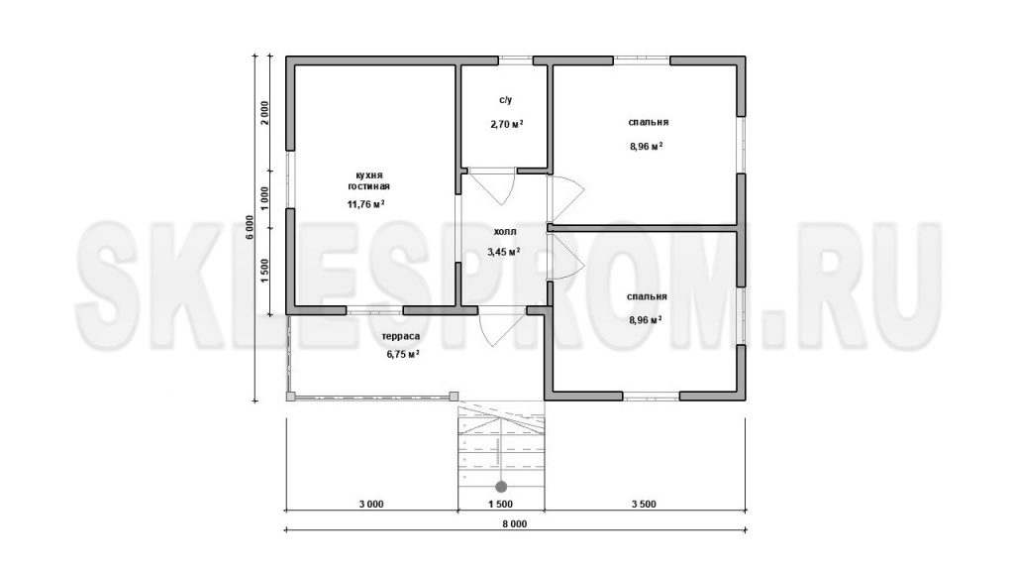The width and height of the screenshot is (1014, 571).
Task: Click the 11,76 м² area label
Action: coord(366,204)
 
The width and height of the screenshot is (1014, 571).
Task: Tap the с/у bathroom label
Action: coord(505,100)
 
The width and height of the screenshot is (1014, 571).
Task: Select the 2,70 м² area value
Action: coord(507,124)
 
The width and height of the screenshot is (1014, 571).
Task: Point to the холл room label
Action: coord(504,231)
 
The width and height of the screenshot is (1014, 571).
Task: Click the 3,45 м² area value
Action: coord(504,251)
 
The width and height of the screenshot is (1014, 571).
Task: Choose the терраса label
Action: coord(401,336)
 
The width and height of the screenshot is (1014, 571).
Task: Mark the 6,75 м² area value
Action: coord(403,354)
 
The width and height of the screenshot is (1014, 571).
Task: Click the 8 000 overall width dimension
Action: coord(514,523)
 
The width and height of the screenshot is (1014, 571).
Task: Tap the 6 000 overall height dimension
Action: coord(250,227)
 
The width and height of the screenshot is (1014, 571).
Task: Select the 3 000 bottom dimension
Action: coord(370,505)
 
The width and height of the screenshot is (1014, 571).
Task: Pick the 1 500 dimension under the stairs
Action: coord(500,505)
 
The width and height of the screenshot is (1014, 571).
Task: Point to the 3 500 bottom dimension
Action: coord(644,505)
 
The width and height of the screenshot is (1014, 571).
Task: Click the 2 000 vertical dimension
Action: coord(264,114)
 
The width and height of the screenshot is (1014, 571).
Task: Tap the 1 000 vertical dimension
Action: coord(264,199)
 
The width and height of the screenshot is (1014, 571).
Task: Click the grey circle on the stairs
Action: coord(500,486)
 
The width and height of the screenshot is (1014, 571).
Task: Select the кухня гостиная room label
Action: coord(368,180)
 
